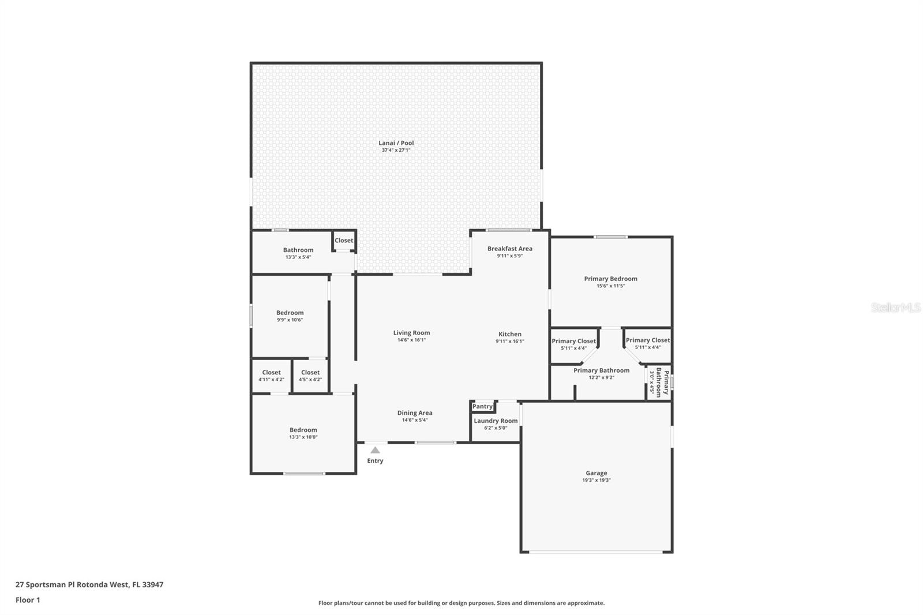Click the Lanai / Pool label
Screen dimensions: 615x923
point(396,143)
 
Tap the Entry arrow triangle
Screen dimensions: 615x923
point(375,450)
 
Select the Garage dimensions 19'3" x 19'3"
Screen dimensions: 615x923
point(596,480)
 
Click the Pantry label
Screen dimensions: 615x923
point(483,406)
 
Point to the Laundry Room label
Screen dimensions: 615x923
point(496,421)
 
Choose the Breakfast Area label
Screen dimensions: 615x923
point(510,249)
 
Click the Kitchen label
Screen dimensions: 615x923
point(510,334)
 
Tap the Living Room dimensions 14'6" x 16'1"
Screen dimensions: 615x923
point(411,340)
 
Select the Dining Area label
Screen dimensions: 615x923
point(415,412)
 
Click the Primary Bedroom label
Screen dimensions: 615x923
point(610,279)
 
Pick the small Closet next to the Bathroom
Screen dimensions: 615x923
point(344,241)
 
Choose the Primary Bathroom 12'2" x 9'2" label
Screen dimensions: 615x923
point(601,370)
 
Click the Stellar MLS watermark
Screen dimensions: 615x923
point(895,307)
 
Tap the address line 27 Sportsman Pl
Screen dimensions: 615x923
point(89,584)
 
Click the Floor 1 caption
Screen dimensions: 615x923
point(28,600)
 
